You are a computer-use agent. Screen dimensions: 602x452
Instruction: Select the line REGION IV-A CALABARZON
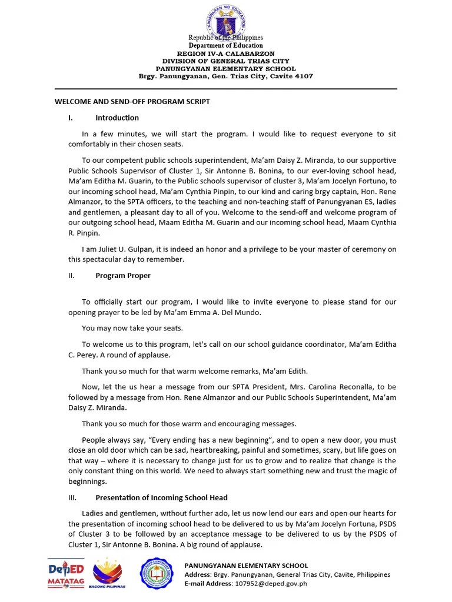[225, 53]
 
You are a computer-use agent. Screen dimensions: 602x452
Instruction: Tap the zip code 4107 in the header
[304, 76]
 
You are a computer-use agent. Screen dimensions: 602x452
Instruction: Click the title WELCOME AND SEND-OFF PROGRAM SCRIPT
[132, 102]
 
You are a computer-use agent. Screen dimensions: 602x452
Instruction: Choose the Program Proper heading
[123, 275]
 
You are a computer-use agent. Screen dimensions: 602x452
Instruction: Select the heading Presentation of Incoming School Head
[161, 497]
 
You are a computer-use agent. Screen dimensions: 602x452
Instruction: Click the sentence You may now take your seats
[132, 328]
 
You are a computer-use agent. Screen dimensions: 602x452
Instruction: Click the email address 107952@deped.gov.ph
[271, 584]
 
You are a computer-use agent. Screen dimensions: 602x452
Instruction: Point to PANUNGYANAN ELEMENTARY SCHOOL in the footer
[246, 566]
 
